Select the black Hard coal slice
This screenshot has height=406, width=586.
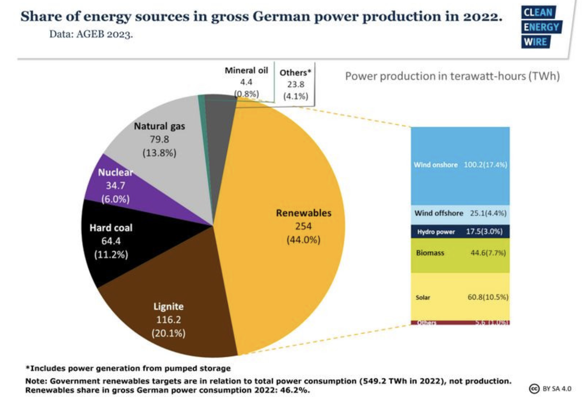click(112, 243)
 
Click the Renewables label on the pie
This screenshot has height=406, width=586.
click(303, 213)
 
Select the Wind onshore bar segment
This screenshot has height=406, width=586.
click(460, 165)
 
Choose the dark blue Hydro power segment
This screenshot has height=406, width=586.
click(460, 231)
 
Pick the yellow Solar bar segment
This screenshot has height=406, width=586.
click(460, 297)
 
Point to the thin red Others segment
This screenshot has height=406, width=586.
click(460, 322)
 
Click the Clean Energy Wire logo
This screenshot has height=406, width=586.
click(541, 27)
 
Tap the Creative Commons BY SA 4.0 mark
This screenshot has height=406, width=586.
click(550, 388)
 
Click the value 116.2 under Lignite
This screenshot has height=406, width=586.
click(168, 320)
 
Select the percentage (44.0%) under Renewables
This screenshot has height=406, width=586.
click(303, 240)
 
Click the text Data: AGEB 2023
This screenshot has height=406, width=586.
click(91, 34)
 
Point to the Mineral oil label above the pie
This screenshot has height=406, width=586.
click(246, 70)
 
